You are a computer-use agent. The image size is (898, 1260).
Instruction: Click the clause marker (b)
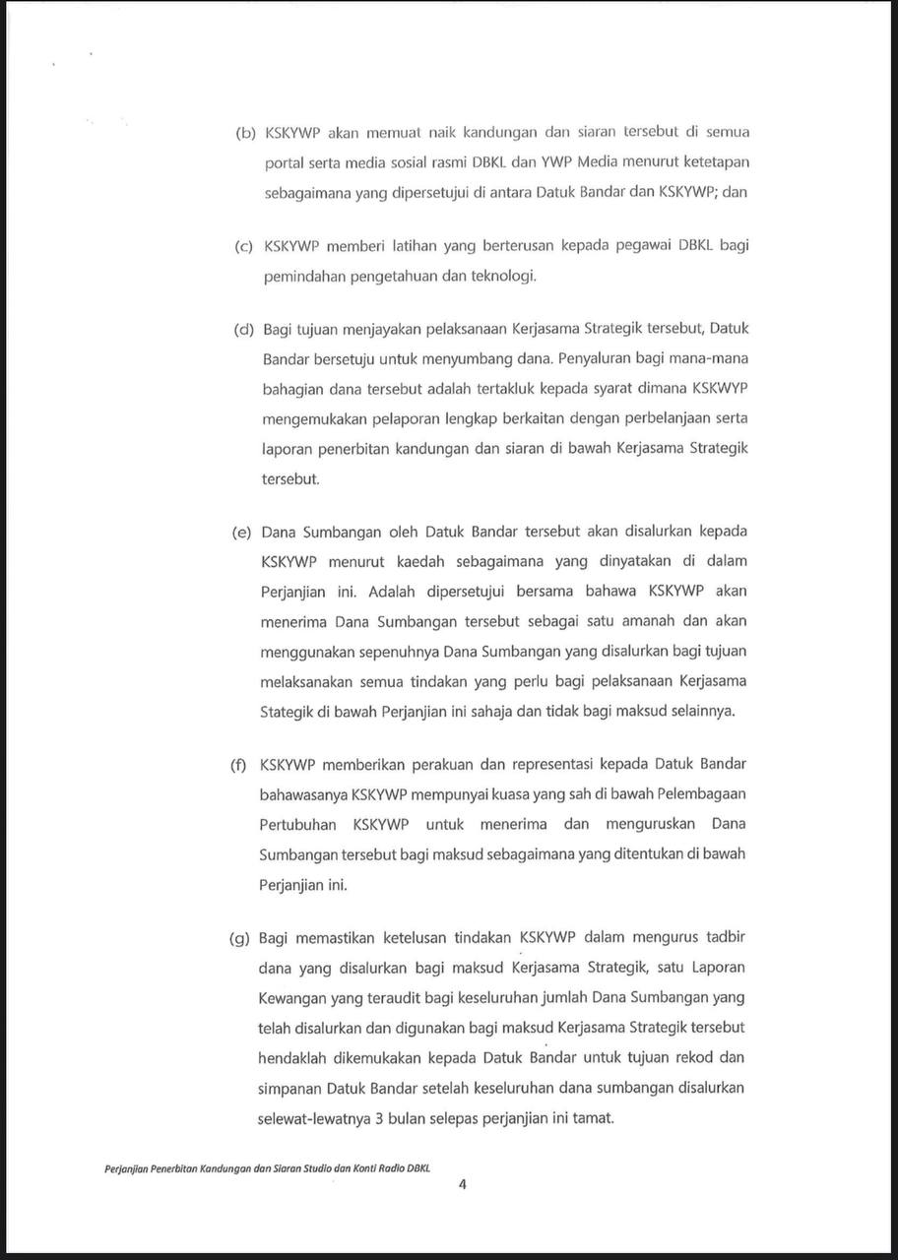click(x=245, y=133)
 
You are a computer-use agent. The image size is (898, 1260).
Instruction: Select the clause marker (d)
click(x=243, y=329)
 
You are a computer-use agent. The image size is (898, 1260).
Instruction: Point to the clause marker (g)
click(x=239, y=938)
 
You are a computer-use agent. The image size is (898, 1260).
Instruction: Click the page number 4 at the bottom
click(x=462, y=1185)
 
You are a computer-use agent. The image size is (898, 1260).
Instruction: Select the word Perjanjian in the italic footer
click(x=125, y=1168)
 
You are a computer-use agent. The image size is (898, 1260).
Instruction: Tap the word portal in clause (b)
click(x=284, y=162)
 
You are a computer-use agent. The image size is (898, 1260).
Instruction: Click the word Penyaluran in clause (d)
click(x=588, y=358)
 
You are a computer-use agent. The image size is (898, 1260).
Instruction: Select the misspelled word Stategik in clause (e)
click(x=286, y=711)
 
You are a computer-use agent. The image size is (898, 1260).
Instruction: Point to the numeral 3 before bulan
click(x=380, y=1119)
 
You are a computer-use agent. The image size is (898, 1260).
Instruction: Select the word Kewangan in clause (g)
click(x=292, y=998)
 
